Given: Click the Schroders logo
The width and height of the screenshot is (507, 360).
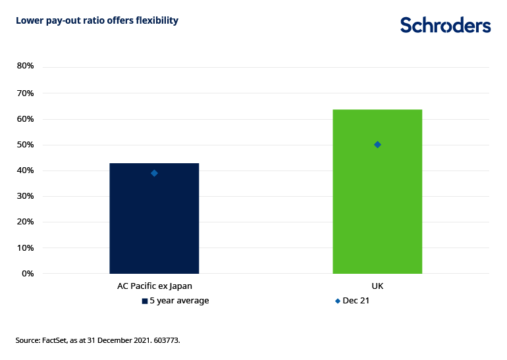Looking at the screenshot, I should click(x=445, y=25).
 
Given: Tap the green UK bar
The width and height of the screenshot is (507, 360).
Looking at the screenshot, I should click(x=377, y=197).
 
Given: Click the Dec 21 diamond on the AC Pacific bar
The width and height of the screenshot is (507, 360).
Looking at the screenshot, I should click(x=154, y=173).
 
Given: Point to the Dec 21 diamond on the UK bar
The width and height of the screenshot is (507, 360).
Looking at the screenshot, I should click(x=377, y=145).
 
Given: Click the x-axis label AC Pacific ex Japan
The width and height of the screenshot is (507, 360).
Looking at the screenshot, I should click(x=154, y=287).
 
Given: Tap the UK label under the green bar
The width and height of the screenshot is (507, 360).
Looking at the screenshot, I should click(x=377, y=287).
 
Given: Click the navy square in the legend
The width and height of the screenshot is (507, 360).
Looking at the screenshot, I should click(x=145, y=301).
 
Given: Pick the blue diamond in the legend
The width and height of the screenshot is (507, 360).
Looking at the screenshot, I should click(x=338, y=301).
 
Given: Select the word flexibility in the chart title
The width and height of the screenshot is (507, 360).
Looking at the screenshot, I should click(x=155, y=20).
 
